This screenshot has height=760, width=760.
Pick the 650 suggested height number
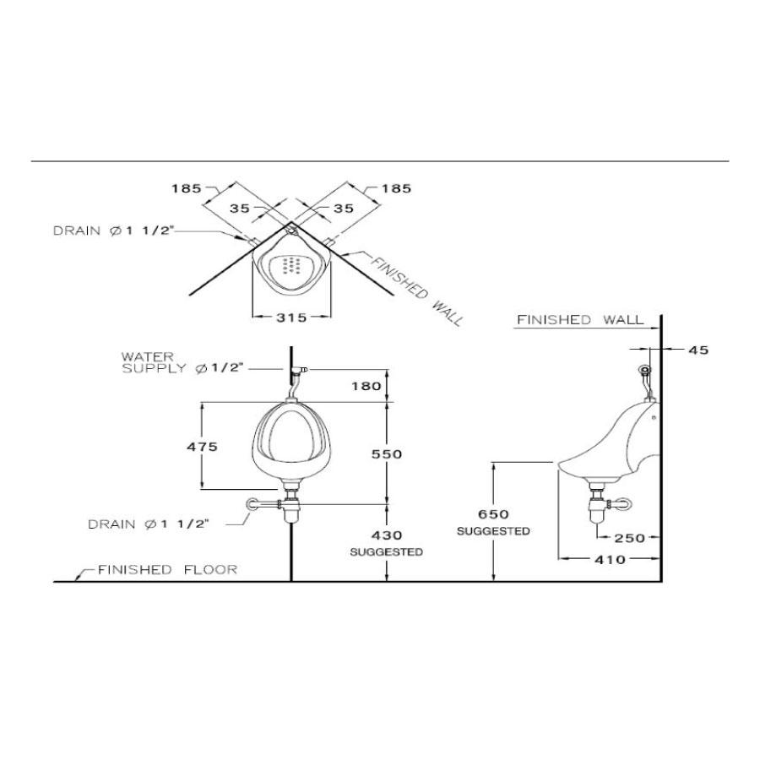493,514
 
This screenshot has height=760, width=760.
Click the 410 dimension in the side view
608,559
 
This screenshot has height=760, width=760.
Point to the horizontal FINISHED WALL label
579,320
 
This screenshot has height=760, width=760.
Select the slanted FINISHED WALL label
414,290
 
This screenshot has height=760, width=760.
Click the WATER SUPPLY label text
182,362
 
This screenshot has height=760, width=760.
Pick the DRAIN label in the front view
148,524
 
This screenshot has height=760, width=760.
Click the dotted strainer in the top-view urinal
290,267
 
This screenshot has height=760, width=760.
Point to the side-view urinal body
616,443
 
